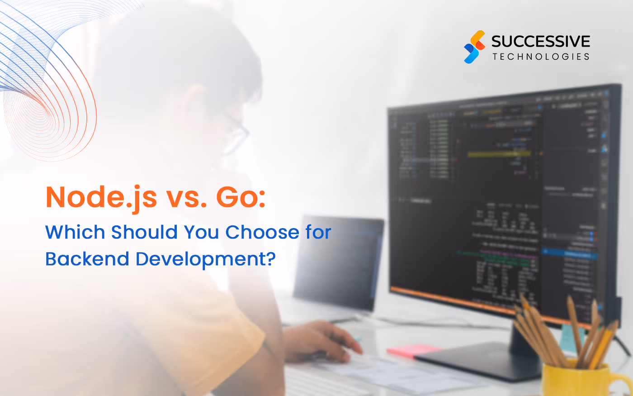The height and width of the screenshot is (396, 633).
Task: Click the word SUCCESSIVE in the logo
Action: [x=540, y=42]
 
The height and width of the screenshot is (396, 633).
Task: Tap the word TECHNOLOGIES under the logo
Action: [x=541, y=57]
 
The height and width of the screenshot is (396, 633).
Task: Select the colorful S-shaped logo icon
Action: [x=474, y=47]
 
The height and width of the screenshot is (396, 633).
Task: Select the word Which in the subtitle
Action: [x=75, y=232]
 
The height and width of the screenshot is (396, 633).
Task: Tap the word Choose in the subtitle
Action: [x=262, y=232]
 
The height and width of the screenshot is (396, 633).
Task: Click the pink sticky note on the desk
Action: [x=414, y=350]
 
